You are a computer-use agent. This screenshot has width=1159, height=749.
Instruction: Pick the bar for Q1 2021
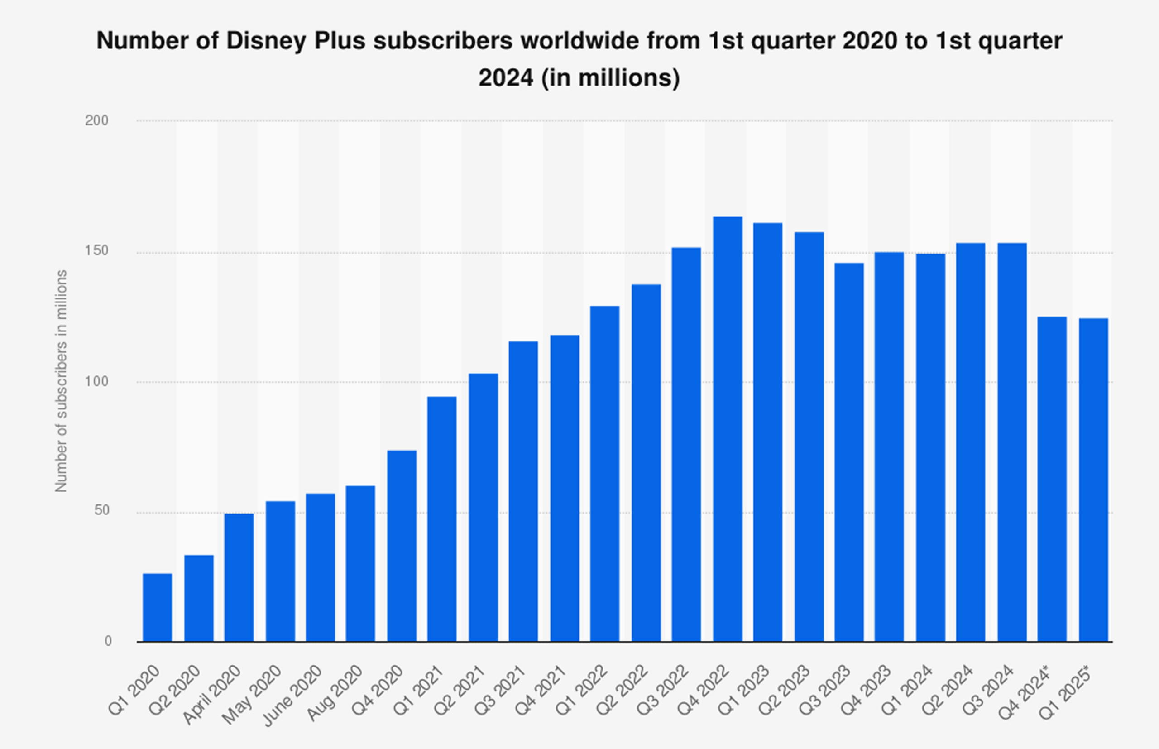442,519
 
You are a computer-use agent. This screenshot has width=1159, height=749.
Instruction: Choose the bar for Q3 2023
849,452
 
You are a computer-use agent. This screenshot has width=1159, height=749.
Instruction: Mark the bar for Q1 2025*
1093,480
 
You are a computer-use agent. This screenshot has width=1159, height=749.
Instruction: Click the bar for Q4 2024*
1052,479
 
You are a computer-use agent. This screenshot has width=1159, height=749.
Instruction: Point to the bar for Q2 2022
646,462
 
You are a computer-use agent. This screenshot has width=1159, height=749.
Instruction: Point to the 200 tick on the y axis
97,120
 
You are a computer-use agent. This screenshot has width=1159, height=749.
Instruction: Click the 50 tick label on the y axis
101,510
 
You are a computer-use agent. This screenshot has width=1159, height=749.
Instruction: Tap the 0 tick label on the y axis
108,641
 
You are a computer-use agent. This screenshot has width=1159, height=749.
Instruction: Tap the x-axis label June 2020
292,696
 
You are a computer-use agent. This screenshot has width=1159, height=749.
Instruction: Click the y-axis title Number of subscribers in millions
61,381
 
